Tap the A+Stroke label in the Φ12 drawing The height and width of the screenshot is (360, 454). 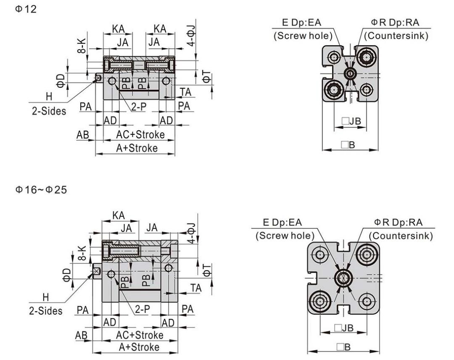(x=138, y=148)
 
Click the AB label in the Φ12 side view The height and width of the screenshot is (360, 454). (x=82, y=135)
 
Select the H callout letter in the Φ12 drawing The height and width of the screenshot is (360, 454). (x=49, y=96)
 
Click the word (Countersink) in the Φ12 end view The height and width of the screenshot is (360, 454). (x=396, y=36)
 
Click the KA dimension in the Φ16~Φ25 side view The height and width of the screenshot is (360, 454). (x=119, y=215)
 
